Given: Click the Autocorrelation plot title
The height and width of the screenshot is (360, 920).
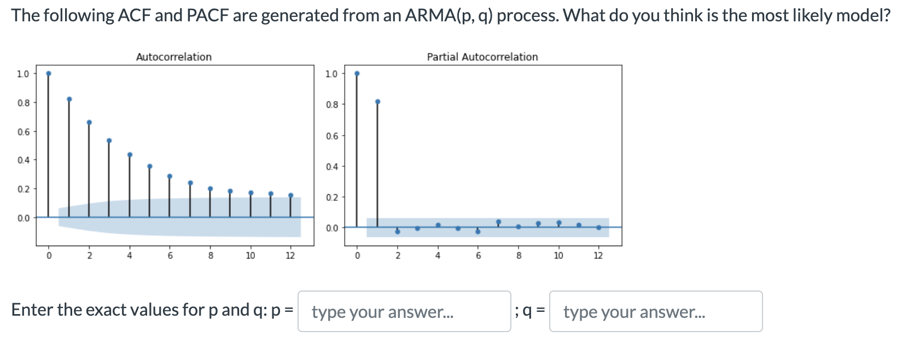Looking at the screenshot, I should tap(173, 57).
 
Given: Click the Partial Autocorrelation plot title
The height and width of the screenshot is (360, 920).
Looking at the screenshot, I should tap(482, 57).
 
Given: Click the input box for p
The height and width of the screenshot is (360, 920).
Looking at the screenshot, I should tap(404, 311).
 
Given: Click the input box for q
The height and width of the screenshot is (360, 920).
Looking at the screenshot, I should tap(655, 311).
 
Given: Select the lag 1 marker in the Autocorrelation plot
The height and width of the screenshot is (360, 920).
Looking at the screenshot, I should tap(69, 99).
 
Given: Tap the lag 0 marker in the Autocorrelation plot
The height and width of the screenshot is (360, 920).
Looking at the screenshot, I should tap(49, 73).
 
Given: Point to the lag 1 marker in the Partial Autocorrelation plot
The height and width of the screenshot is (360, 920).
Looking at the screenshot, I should tap(377, 102).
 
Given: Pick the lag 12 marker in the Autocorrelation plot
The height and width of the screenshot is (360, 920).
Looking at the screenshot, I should tap(290, 195).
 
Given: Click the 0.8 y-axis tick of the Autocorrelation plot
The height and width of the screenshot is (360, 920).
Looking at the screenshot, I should tap(23, 103).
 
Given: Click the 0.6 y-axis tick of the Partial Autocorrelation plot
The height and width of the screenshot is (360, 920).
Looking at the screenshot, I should tap(331, 136).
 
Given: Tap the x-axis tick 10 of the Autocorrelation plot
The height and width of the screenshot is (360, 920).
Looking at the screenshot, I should tap(250, 256).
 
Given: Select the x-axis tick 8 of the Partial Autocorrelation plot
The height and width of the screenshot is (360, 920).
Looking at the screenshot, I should tap(519, 256).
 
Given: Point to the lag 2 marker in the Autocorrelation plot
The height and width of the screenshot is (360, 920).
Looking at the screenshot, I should tap(89, 122).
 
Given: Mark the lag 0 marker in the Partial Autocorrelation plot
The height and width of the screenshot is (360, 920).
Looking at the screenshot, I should tap(357, 73).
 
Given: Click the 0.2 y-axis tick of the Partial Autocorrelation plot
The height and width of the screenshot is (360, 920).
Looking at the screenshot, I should tap(331, 197).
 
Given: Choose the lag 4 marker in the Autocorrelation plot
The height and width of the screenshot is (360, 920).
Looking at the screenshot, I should tap(130, 155).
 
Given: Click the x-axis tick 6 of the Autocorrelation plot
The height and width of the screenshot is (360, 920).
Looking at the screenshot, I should tap(170, 256).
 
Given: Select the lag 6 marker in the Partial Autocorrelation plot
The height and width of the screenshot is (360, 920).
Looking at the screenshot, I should tap(478, 231).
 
